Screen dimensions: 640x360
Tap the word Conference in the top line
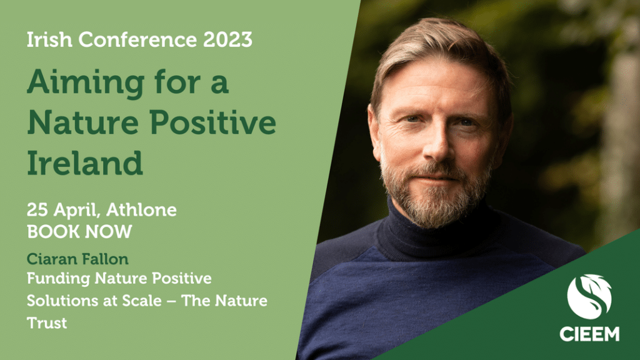coord(137,39)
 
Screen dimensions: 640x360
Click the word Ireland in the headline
coord(85,163)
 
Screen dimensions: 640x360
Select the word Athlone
coord(141,210)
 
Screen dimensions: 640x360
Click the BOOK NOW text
coord(79,232)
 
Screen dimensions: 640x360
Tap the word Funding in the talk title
coord(58,279)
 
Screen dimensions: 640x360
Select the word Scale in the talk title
coord(142,301)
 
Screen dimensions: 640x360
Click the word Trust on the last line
coord(47,323)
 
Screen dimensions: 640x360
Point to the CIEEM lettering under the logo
coord(589,334)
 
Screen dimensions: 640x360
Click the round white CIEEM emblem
coord(589,297)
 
